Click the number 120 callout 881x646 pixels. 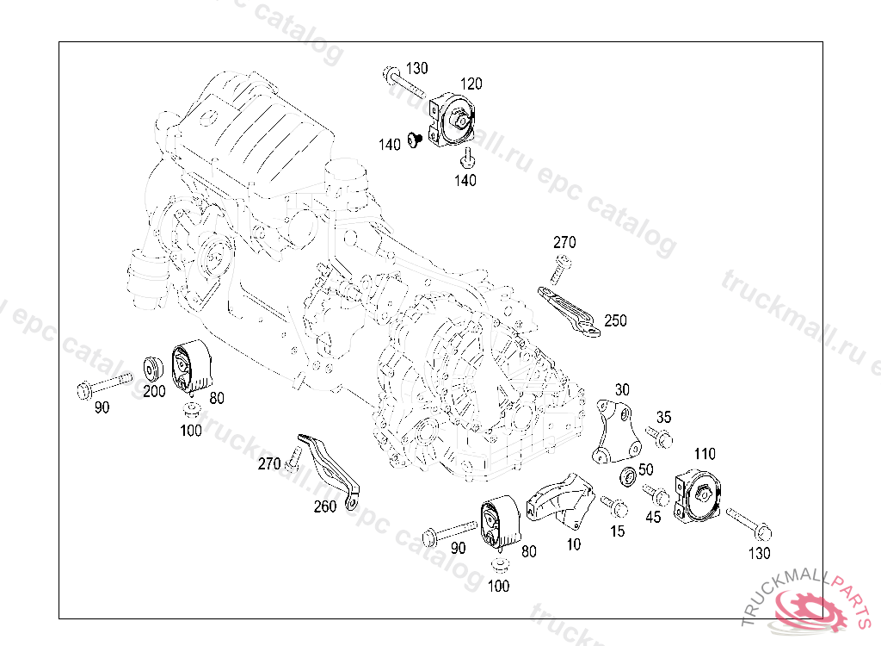pyautogui.click(x=471, y=84)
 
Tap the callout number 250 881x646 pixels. pyautogui.click(x=615, y=320)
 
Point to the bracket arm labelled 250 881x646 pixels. pyautogui.click(x=570, y=311)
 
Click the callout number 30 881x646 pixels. pyautogui.click(x=622, y=389)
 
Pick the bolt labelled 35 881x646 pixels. pyautogui.click(x=663, y=440)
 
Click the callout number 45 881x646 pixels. pyautogui.click(x=654, y=517)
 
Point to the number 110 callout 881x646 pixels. pyautogui.click(x=704, y=454)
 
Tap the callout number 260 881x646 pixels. pyautogui.click(x=324, y=506)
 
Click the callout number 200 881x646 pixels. pyautogui.click(x=154, y=391)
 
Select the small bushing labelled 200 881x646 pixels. pyautogui.click(x=153, y=366)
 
